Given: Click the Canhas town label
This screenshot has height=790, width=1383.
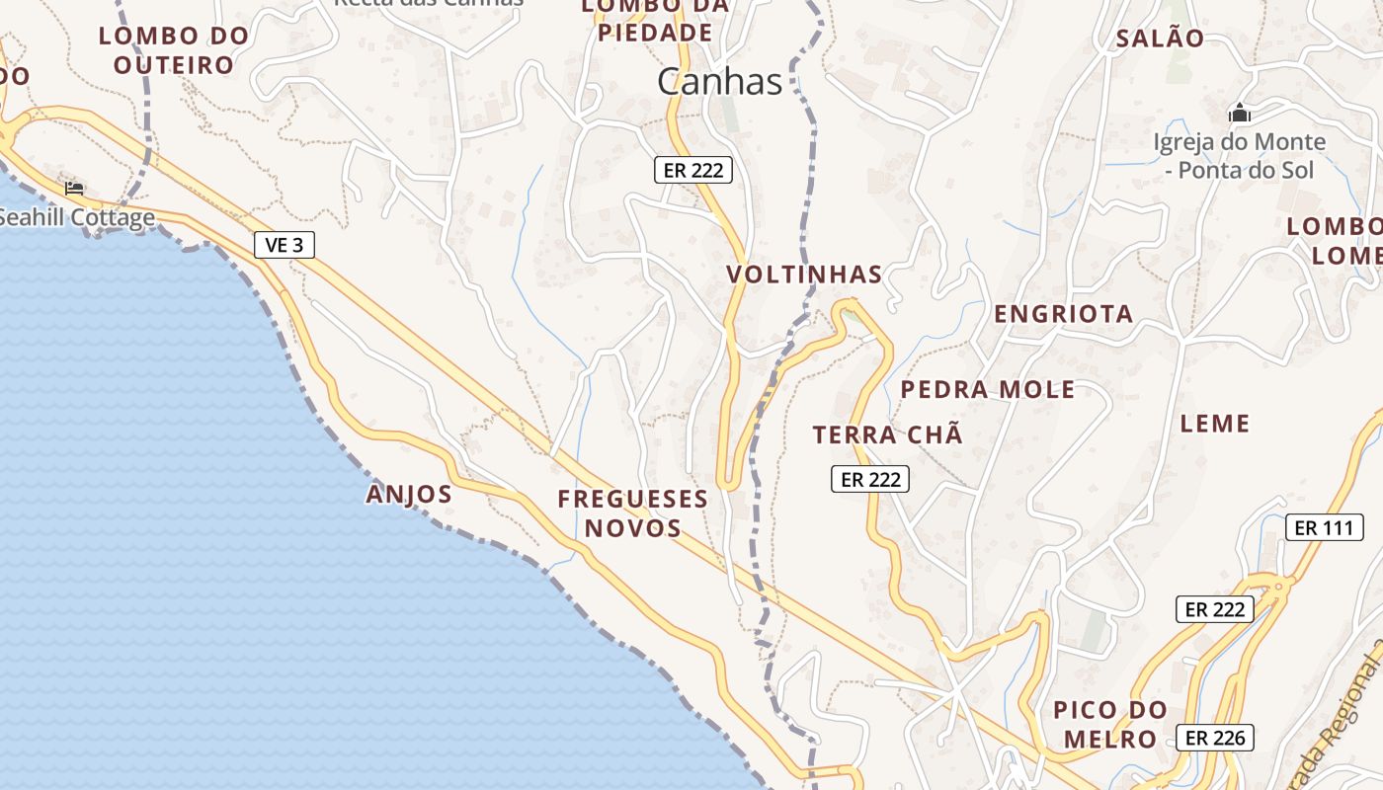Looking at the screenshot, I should click(x=719, y=82).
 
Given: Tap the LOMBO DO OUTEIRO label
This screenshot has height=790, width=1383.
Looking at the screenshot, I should click(x=173, y=50).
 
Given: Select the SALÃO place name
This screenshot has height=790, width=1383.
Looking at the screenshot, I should click(x=1160, y=39).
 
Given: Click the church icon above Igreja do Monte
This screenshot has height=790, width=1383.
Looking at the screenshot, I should click(x=1239, y=114).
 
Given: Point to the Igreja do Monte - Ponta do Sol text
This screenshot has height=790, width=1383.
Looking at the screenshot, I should click(x=1239, y=156).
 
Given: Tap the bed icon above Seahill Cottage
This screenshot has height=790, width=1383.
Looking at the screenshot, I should click(x=74, y=188).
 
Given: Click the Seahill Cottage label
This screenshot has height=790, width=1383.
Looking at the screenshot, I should click(x=77, y=217).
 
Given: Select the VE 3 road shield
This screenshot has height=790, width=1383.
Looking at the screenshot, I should click(x=285, y=245).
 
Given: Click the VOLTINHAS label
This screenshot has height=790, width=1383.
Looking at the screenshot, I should click(x=804, y=275).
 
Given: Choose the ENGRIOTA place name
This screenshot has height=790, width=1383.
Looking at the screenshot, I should click(x=1063, y=314).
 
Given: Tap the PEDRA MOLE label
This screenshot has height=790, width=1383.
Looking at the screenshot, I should click(x=987, y=389).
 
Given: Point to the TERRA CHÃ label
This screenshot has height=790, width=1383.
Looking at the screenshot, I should click(x=887, y=434).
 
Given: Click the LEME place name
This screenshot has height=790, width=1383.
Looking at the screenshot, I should click(x=1215, y=424).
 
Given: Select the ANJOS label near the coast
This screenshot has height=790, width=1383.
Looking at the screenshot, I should click(x=409, y=494).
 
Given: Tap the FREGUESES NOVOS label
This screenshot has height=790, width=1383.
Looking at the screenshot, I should click(x=633, y=513).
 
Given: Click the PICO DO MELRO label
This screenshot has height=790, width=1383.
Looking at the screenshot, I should click(x=1109, y=724).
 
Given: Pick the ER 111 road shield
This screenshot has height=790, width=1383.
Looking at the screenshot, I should click(x=1324, y=527).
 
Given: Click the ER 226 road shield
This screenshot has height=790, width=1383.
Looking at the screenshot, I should click(x=1214, y=737).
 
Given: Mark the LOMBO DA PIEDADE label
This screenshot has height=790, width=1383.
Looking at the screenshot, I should click(x=655, y=20).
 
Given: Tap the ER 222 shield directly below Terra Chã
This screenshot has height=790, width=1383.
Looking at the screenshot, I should click(x=868, y=480).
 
